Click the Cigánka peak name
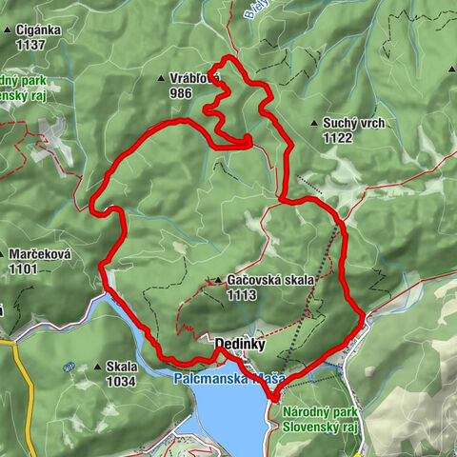39,29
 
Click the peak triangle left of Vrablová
162,79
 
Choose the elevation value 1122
337,138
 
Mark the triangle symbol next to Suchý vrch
315,123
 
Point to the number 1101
25,269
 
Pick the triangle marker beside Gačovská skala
218,281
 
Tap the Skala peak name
122,367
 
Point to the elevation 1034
121,382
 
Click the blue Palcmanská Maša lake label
229,379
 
